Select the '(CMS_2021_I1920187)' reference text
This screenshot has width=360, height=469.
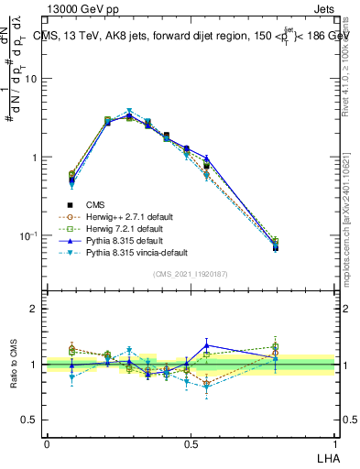pyautogui.click(x=191, y=274)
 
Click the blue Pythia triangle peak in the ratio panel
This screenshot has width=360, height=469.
pyautogui.click(x=207, y=345)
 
